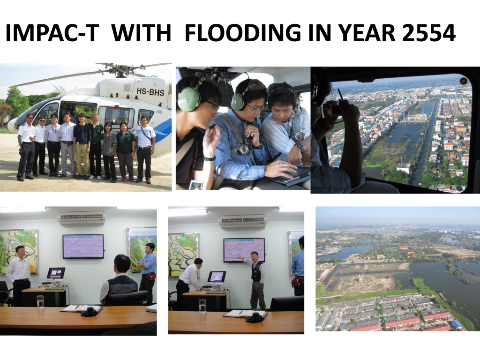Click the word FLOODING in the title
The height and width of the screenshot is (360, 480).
243,33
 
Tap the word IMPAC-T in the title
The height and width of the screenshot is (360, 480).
52,33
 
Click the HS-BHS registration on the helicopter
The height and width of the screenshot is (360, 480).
150,92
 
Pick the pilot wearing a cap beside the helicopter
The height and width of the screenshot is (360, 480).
27,147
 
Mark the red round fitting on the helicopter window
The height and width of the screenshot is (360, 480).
464,81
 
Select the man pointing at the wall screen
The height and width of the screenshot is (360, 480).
256,281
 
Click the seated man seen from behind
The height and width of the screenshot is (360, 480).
120,278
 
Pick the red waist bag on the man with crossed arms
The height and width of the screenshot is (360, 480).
150,276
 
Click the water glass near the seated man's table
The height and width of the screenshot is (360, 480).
40,302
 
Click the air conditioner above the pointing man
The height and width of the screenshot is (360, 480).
243,221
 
